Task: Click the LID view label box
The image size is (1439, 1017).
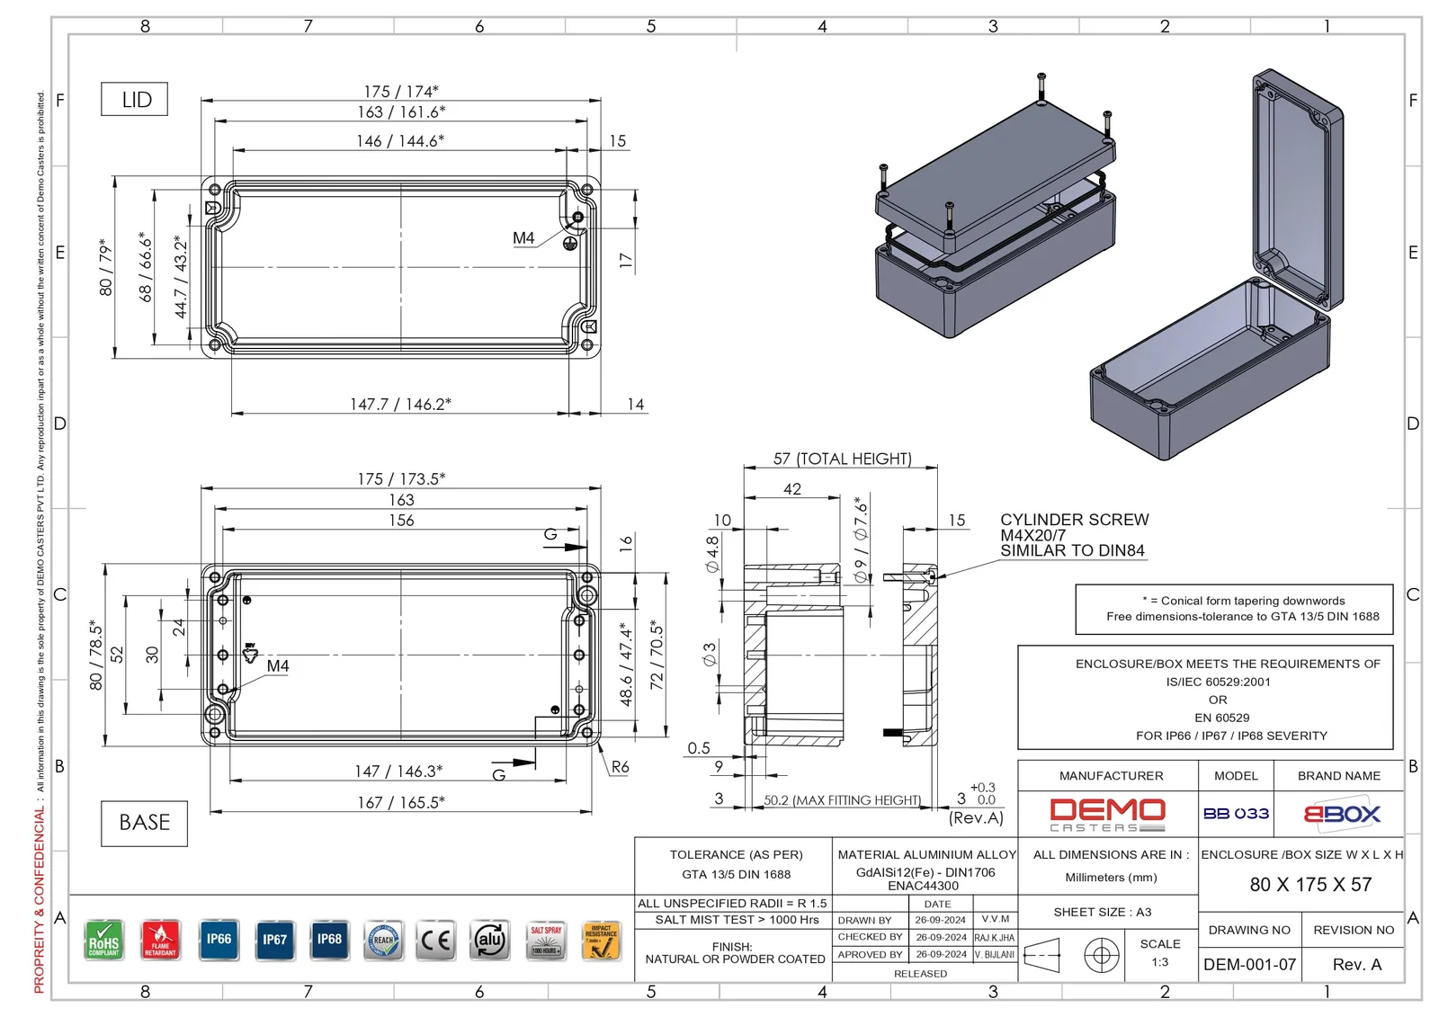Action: click(x=135, y=100)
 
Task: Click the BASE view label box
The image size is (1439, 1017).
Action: click(x=144, y=823)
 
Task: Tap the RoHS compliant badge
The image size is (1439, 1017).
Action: click(x=104, y=941)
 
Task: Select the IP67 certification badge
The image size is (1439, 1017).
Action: click(x=274, y=941)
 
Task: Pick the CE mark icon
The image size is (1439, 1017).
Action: click(x=436, y=941)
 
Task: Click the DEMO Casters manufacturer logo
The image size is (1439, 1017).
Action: click(x=1107, y=815)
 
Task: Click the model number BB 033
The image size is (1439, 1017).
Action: click(x=1236, y=814)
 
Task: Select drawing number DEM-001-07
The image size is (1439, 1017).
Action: click(x=1249, y=965)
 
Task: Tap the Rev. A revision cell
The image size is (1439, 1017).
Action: click(x=1356, y=965)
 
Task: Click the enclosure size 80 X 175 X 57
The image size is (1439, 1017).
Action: click(x=1310, y=885)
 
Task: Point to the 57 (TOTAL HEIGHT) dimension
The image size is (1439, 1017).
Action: click(x=842, y=459)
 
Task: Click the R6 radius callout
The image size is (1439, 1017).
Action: click(x=620, y=767)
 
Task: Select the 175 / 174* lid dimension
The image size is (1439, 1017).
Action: click(x=401, y=92)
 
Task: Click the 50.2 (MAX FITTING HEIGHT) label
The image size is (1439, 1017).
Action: click(x=842, y=800)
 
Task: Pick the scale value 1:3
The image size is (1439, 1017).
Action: click(x=1160, y=962)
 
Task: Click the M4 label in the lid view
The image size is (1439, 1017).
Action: click(x=523, y=238)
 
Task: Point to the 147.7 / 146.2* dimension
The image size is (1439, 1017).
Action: click(x=400, y=405)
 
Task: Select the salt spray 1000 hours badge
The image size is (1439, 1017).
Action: click(x=546, y=941)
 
